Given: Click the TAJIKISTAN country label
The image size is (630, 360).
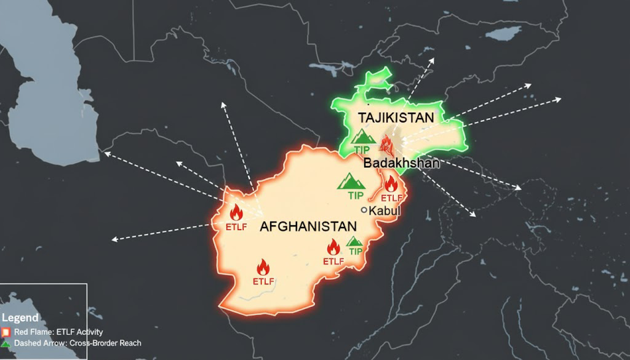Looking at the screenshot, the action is coord(396,117).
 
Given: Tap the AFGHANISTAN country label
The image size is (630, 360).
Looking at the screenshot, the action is coord(308,226).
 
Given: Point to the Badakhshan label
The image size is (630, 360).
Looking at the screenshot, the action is coord(401,163).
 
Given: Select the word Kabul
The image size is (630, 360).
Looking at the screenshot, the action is coord(385,210).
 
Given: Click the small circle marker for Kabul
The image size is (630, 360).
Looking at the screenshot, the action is coord(364,210).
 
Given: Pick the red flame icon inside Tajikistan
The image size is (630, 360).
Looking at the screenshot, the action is coord(386,144).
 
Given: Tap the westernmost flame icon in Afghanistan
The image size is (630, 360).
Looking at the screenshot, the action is coord(236,212).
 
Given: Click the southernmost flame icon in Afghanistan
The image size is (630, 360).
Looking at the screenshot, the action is coord(263,267).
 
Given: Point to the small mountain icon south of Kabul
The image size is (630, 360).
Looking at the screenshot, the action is coord(354,241).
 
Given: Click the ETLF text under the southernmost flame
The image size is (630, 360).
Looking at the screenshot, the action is coord(263,281).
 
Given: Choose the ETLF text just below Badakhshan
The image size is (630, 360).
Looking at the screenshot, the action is coord(392,198).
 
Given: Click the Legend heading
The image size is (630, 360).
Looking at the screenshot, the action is coord(20,318).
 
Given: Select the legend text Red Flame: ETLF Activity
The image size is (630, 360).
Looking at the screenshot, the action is coord(58,332).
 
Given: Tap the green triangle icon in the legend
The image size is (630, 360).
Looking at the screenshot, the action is coord(6,343).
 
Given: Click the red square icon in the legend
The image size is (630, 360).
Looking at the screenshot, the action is coord(6,332).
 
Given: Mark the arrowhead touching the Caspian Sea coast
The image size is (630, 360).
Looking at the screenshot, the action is coord(106,153).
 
